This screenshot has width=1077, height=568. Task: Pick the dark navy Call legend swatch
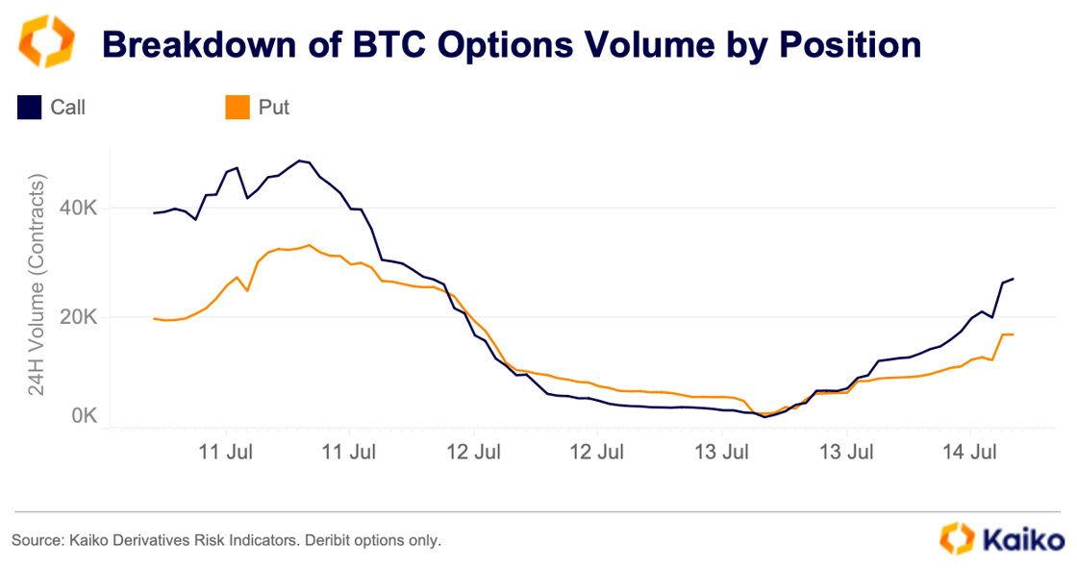tap(29, 107)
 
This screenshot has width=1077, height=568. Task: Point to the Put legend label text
tap(274, 108)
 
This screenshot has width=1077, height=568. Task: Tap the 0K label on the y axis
tap(83, 416)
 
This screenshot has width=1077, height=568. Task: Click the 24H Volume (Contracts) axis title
tap(38, 286)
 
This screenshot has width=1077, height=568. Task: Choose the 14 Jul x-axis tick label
tap(969, 451)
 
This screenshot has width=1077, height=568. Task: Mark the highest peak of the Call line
tap(300, 161)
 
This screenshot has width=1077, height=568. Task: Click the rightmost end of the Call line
tap(1014, 279)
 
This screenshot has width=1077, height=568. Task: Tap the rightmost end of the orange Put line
tap(1014, 334)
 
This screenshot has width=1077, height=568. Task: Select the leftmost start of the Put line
tap(154, 318)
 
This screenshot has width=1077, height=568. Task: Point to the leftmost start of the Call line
tap(154, 213)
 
